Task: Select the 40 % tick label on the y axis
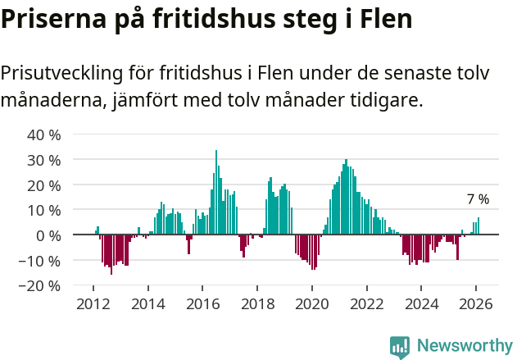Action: pyautogui.click(x=43, y=134)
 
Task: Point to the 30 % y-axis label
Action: pyautogui.click(x=43, y=160)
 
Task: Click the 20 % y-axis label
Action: pyautogui.click(x=43, y=185)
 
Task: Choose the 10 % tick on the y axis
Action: pyautogui.click(x=43, y=211)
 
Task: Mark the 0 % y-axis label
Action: pyautogui.click(x=48, y=235)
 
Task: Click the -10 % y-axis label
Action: pyautogui.click(x=41, y=261)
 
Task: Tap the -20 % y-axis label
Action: pyautogui.click(x=41, y=286)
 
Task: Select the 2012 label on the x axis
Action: pyautogui.click(x=93, y=303)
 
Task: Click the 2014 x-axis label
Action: pyautogui.click(x=148, y=303)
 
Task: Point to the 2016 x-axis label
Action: pyautogui.click(x=203, y=303)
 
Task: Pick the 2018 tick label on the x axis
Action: pyautogui.click(x=257, y=303)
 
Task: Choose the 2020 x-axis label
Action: pyautogui.click(x=312, y=303)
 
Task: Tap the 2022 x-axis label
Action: pyautogui.click(x=367, y=303)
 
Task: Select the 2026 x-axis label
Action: pyautogui.click(x=476, y=303)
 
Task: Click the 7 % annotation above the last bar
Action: pyautogui.click(x=478, y=199)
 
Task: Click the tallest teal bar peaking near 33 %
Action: pyautogui.click(x=216, y=193)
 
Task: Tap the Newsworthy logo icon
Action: pyautogui.click(x=400, y=347)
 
